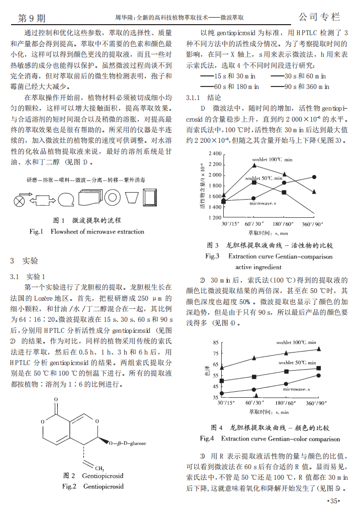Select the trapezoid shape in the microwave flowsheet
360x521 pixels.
pyautogui.click(x=132, y=197)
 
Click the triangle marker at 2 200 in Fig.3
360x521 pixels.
pyautogui.click(x=254, y=164)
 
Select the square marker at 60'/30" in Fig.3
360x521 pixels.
pyautogui.click(x=254, y=183)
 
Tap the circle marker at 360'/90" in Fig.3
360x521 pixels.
pyautogui.click(x=314, y=177)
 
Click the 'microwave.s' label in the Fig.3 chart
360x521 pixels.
pyautogui.click(x=262, y=203)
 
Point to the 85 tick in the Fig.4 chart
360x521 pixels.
pyautogui.click(x=216, y=343)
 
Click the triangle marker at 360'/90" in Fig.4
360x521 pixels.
pyautogui.click(x=318, y=349)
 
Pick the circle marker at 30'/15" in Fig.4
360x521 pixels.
pyautogui.click(x=223, y=393)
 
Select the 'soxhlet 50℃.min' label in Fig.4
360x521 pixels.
pyautogui.click(x=297, y=362)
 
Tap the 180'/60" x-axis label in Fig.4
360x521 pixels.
pyautogui.click(x=284, y=403)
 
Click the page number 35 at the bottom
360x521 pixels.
pyautogui.click(x=334, y=501)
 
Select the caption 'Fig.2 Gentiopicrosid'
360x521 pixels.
pyautogui.click(x=93, y=486)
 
